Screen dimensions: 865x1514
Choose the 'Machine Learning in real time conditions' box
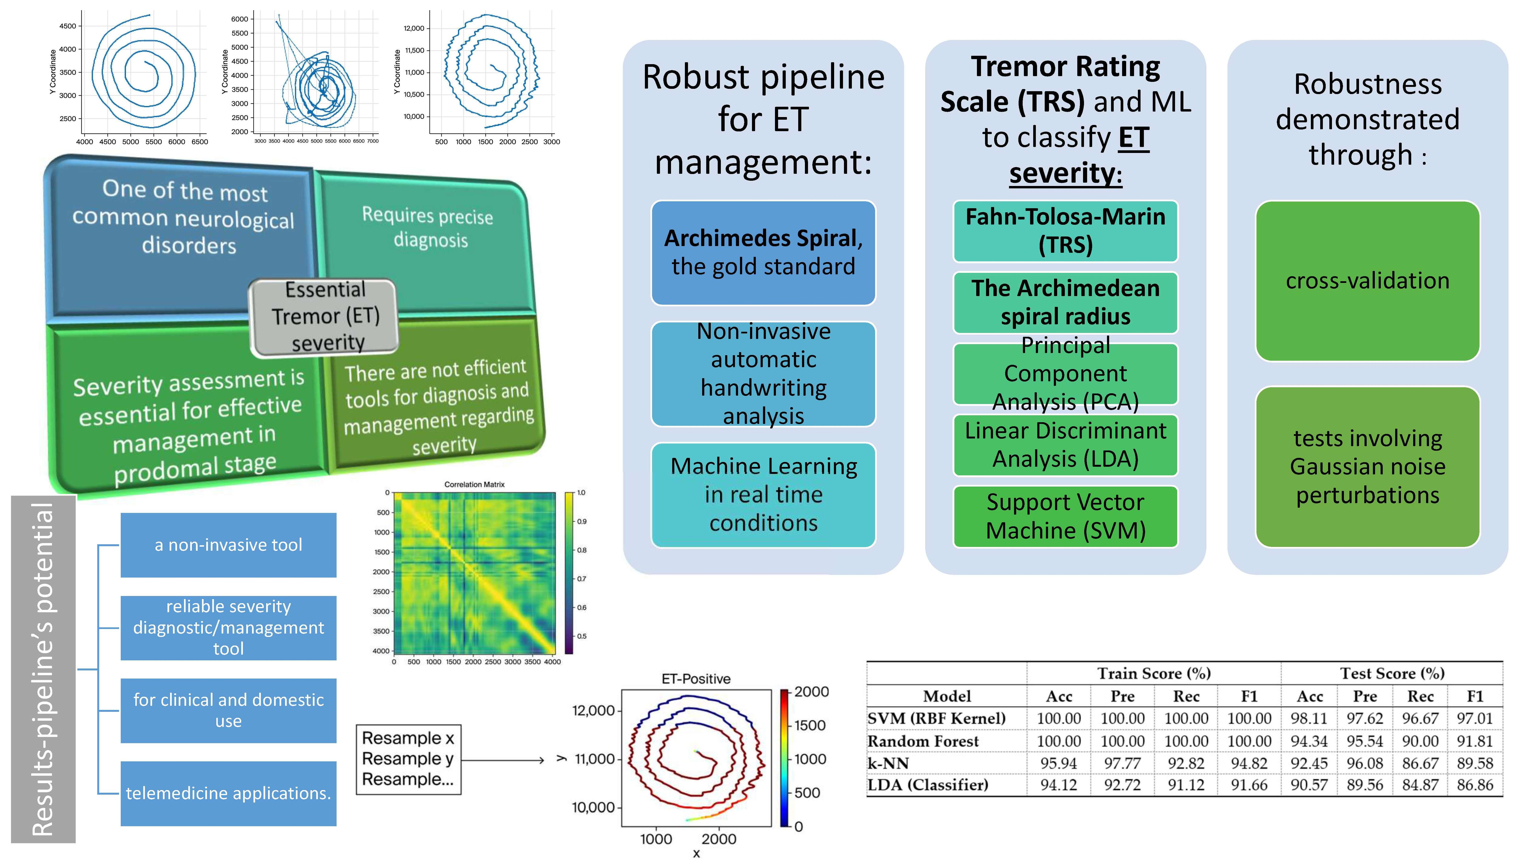pyautogui.click(x=763, y=495)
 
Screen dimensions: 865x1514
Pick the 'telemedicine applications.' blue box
pyautogui.click(x=228, y=793)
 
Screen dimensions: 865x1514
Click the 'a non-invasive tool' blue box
pyautogui.click(x=228, y=545)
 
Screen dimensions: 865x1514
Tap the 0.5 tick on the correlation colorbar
pyautogui.click(x=581, y=636)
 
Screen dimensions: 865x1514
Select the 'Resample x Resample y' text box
pyautogui.click(x=408, y=759)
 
